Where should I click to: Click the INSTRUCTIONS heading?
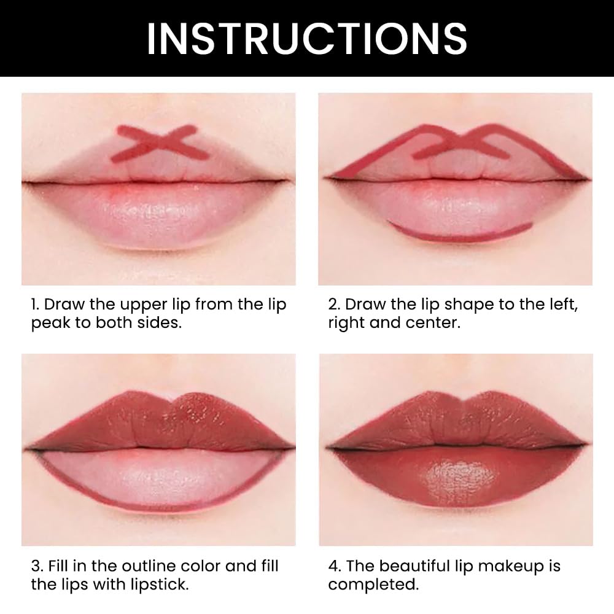coord(306,38)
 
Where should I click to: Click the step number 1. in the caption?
coord(36,305)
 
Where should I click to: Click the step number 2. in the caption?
coord(335,305)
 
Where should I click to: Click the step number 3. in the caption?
coord(37,565)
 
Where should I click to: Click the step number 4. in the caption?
coord(335,565)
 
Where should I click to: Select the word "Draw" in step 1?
coord(64,305)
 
